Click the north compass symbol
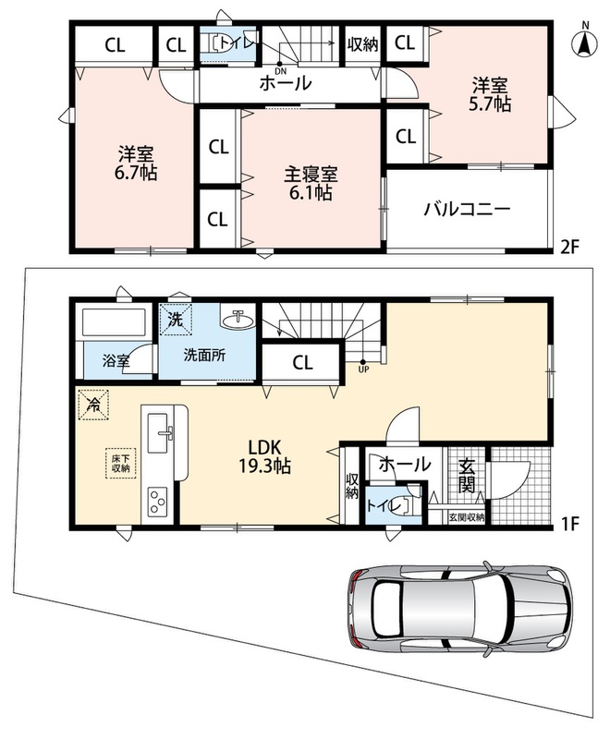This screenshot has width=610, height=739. pos(584,42)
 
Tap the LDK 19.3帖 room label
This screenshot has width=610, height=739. pos(264,456)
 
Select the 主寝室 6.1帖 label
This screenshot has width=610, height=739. pos(311,183)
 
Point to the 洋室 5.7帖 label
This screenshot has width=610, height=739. pos(490,95)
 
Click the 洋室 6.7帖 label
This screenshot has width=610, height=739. pos(135,164)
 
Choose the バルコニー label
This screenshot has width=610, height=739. pos(467,209)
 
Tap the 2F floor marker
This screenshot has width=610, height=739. pos(568,247)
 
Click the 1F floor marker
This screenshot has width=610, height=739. pos(568,524)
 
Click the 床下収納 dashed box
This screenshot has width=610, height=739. pos(121,463)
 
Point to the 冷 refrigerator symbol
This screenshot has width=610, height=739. pos(93,405)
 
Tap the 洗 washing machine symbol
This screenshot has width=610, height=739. pos(176,320)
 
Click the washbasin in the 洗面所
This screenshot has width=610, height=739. pos(238,320)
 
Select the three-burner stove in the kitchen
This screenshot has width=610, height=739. pos(159,502)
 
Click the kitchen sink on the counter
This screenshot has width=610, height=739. pos(159,432)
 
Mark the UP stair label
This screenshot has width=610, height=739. pos(363,370)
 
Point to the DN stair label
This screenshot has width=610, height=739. pos(280,71)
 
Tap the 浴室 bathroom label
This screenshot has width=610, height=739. pos(116,361)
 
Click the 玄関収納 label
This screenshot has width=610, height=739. pos(466,517)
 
